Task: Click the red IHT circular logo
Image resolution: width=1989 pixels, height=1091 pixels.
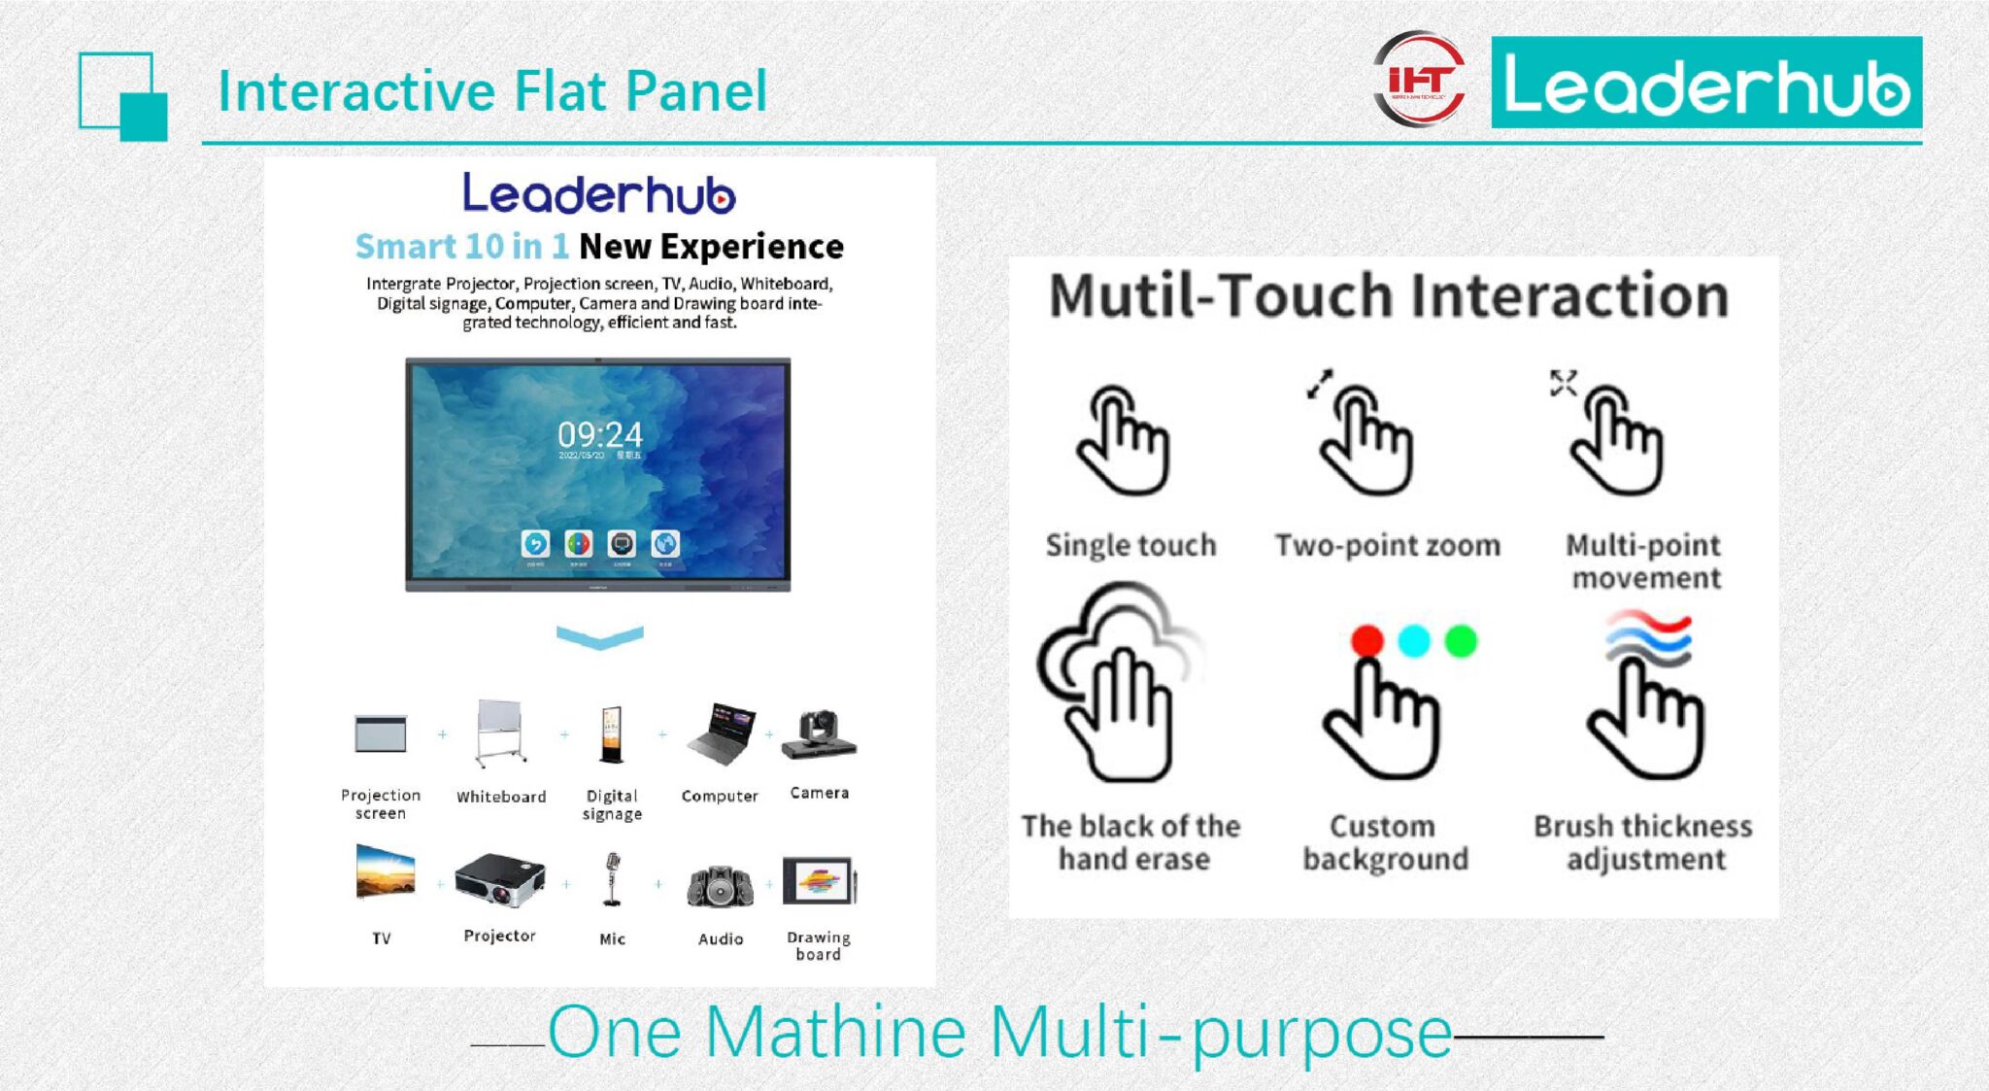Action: [x=1420, y=80]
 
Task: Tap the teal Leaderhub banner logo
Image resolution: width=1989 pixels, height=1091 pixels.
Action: [x=1705, y=83]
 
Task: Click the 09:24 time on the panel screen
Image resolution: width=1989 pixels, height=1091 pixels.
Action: [x=599, y=434]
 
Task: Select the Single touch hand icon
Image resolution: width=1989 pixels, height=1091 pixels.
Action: [x=1125, y=442]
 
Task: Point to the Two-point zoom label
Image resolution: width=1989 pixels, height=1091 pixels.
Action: [x=1387, y=546]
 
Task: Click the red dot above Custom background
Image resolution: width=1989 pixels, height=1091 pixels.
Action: [x=1366, y=641]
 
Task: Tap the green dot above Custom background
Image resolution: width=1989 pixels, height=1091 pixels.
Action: [x=1460, y=641]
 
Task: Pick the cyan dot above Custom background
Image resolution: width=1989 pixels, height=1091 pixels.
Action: [x=1413, y=641]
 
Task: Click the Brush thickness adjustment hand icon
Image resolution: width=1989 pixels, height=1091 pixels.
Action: [x=1646, y=714]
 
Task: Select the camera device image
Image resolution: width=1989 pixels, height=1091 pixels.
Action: [x=819, y=734]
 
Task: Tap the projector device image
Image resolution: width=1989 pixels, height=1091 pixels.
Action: [x=499, y=879]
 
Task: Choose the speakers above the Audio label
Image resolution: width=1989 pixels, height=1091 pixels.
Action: [x=720, y=886]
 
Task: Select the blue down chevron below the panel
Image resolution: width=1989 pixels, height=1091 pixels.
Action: [x=599, y=637]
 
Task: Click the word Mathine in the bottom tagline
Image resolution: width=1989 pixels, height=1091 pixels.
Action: [x=834, y=1032]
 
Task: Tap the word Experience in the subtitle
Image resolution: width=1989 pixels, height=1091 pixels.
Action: [x=752, y=247]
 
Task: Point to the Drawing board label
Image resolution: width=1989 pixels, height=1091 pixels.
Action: [x=819, y=945]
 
